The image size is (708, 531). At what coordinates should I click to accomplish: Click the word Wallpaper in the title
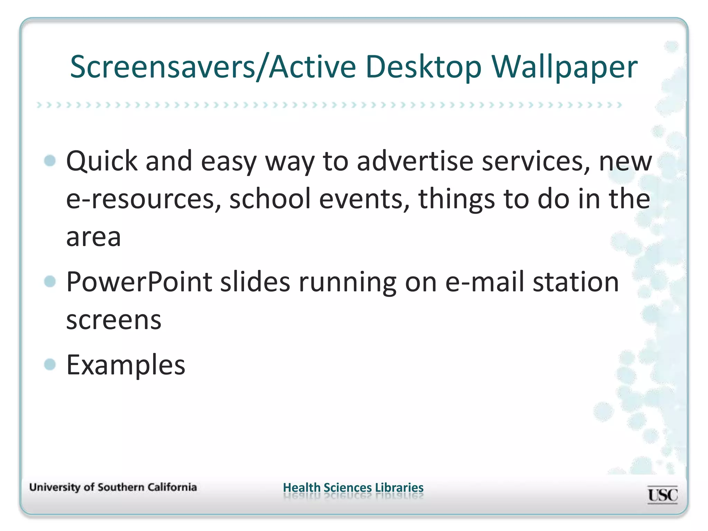click(x=564, y=67)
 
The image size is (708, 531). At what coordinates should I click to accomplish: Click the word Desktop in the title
click(x=423, y=67)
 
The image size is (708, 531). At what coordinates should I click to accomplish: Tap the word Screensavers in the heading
click(x=162, y=67)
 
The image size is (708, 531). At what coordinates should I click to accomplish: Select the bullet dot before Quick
click(x=50, y=161)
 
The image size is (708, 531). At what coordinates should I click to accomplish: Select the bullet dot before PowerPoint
click(x=50, y=281)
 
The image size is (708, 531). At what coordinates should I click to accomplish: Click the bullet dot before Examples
click(x=50, y=364)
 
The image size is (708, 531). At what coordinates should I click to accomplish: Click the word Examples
click(x=126, y=365)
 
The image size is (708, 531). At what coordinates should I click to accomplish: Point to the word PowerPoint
click(x=139, y=282)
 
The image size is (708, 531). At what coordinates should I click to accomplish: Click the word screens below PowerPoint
click(x=114, y=320)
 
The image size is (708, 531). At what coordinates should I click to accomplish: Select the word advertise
click(x=415, y=161)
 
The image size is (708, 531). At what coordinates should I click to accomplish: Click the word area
click(x=94, y=238)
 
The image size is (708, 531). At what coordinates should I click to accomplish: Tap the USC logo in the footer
click(x=662, y=495)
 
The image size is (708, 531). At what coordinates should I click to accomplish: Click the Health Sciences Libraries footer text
click(x=353, y=487)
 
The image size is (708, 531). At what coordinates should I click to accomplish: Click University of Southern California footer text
click(x=113, y=487)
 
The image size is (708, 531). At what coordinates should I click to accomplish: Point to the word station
click(x=576, y=282)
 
